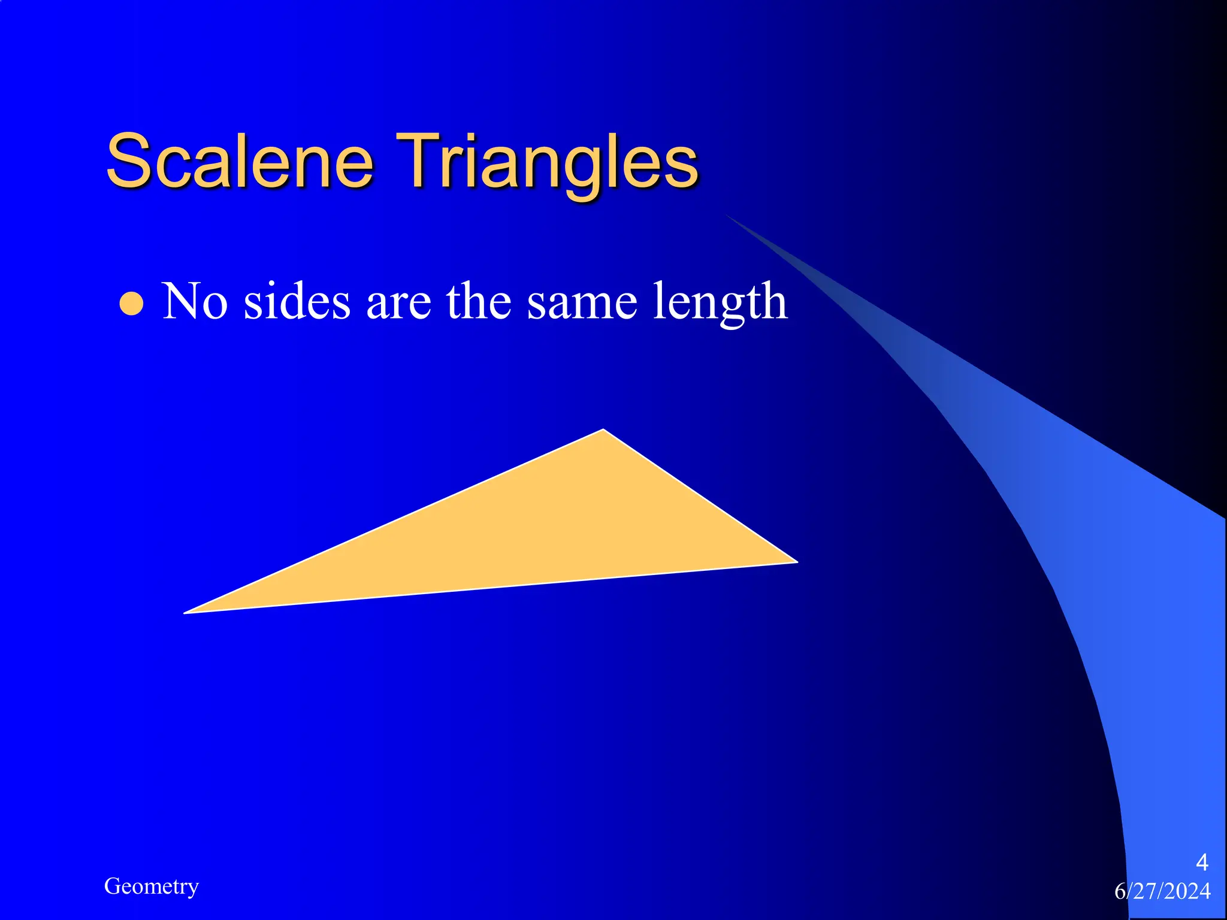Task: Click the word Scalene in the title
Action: [240, 161]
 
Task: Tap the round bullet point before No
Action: [131, 304]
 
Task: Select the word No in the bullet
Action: [195, 301]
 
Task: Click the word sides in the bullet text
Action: [297, 301]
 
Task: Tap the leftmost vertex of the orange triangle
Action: [185, 613]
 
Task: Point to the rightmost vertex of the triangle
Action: [797, 562]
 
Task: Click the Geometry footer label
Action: [151, 886]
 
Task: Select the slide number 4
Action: [1201, 862]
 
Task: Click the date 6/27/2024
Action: [1162, 891]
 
